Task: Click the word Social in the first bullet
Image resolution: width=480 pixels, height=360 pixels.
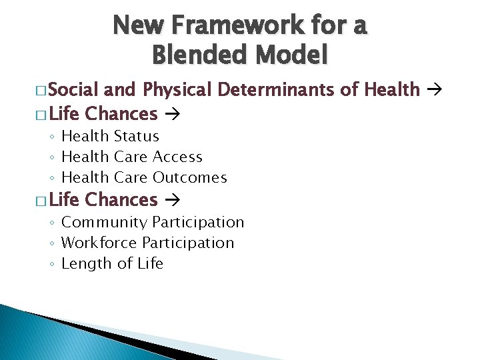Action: [73, 89]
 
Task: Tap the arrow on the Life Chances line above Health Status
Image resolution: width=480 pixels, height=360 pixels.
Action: [169, 115]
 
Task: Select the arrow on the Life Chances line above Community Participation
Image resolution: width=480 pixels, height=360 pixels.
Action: [169, 200]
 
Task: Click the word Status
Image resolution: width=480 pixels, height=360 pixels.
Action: [136, 136]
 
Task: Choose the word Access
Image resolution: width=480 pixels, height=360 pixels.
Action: [177, 157]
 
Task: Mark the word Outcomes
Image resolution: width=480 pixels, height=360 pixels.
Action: [190, 177]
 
